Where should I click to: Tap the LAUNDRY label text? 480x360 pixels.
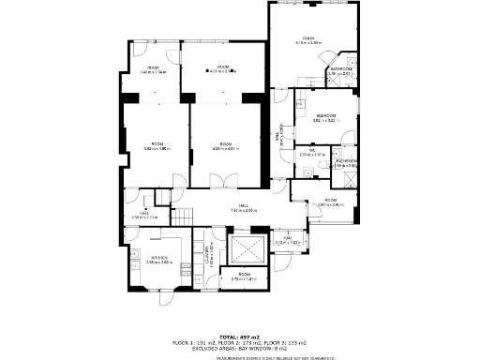point(200,254)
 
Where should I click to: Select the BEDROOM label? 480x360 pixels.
point(326,116)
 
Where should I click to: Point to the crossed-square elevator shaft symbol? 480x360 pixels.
point(247,250)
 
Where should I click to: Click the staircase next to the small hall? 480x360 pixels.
point(165,197)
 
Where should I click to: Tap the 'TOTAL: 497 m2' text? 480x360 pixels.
point(239,337)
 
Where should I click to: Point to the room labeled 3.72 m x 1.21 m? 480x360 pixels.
point(243,277)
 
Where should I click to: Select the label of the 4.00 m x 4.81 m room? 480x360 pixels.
point(225,146)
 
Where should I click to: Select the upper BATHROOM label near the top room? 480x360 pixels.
point(340,70)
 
